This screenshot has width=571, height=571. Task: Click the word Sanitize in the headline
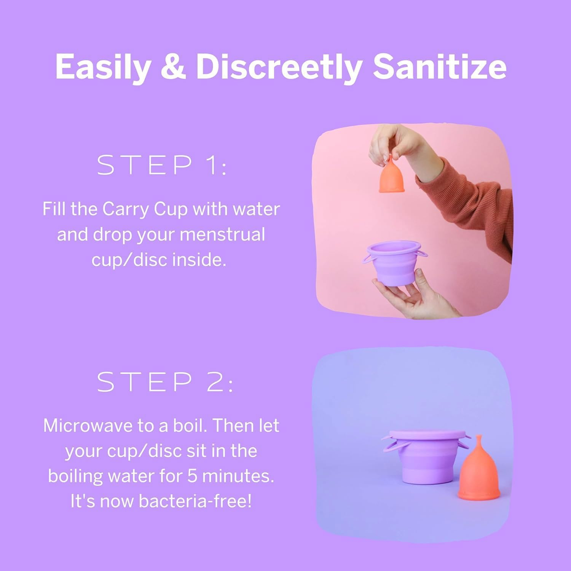coord(439,67)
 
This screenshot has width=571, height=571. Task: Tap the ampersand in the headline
coord(173,67)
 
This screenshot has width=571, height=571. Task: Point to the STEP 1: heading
coord(162,165)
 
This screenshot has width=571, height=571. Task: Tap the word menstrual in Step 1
coord(222,234)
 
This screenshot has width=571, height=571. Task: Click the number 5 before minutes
coord(193,476)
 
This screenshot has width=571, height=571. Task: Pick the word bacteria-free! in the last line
coord(195,501)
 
